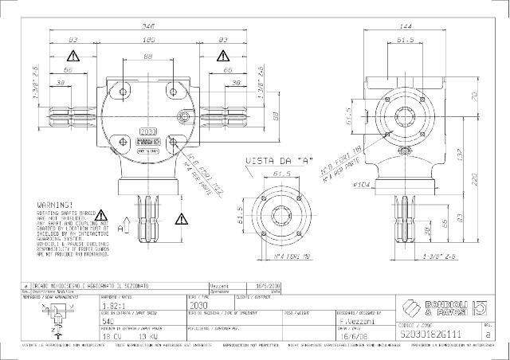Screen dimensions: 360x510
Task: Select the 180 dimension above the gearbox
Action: point(148,38)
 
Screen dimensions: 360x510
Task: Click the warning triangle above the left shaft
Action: point(73,57)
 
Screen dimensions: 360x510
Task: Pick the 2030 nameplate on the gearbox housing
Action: point(149,131)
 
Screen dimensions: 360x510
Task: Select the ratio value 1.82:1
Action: point(113,305)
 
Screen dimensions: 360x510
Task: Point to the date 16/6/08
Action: point(350,336)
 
